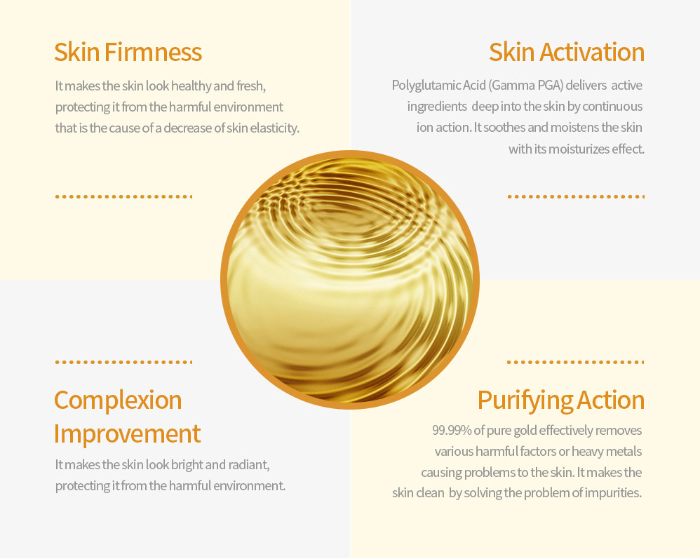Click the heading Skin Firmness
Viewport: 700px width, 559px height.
[128, 52]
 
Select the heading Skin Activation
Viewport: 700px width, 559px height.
[566, 52]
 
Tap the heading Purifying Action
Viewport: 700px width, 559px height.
[560, 400]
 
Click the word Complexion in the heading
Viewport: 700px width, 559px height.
[118, 400]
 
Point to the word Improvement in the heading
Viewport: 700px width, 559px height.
[127, 433]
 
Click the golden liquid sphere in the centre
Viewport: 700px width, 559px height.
[350, 279]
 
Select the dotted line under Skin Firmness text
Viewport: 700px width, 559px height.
[123, 197]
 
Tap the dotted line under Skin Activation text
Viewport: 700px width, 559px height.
[575, 197]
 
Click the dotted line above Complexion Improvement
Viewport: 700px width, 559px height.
[123, 363]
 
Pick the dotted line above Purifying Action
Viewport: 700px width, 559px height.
[575, 363]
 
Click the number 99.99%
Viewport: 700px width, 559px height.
[452, 430]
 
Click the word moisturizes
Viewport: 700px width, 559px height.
[579, 149]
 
